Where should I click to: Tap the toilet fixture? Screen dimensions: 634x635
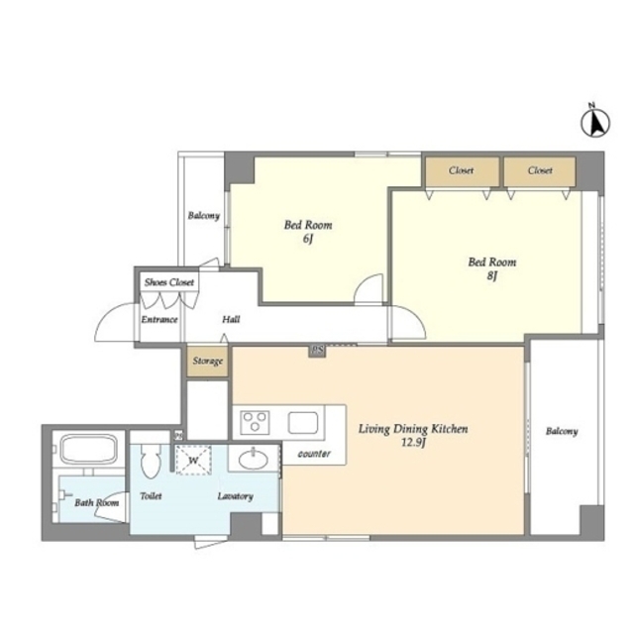151,460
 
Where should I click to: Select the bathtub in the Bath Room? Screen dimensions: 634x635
88,449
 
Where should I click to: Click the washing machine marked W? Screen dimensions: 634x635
193,460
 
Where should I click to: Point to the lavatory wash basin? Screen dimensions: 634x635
253,460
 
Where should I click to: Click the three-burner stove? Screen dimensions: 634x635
255,422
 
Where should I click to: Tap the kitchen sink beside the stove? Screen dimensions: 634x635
303,422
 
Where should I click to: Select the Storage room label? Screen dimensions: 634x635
208,361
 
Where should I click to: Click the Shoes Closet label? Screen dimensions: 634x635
169,282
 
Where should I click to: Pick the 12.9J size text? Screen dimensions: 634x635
413,443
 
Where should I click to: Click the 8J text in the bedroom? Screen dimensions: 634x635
492,276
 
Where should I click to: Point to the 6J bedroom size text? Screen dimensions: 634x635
308,239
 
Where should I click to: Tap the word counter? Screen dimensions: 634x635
314,454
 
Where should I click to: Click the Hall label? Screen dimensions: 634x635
231,320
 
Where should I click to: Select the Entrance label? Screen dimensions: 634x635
159,320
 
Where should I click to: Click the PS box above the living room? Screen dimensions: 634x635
317,351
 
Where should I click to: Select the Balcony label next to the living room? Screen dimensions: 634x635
562,431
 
